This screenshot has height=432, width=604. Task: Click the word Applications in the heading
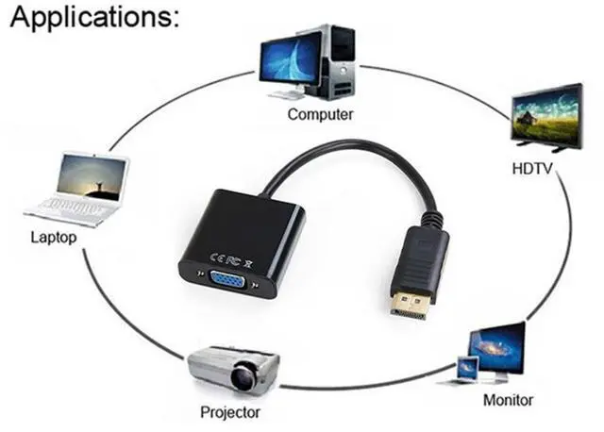click(89, 19)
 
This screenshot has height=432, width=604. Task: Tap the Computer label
click(320, 114)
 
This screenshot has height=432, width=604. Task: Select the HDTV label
click(531, 171)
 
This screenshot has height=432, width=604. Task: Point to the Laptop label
click(54, 238)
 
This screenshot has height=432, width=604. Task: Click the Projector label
click(230, 411)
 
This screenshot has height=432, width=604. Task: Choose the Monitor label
click(508, 399)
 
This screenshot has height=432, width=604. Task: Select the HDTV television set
click(546, 117)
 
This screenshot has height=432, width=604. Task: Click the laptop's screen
click(92, 177)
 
